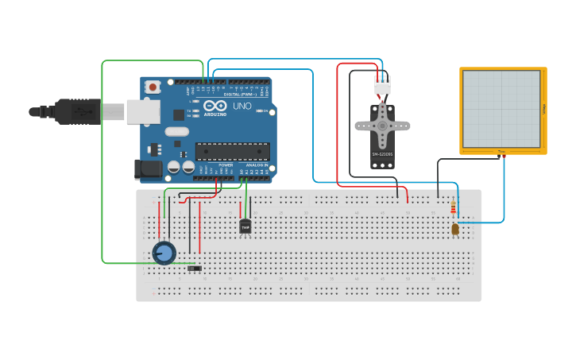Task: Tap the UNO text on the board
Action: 242,106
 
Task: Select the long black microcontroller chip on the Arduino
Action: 232,151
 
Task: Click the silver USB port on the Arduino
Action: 143,112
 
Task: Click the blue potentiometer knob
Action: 164,254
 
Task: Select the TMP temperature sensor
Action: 245,227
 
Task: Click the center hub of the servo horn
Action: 382,125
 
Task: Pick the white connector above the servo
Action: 382,85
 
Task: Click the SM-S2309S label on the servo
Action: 382,154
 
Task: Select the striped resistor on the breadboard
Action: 454,209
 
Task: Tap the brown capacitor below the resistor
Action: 454,230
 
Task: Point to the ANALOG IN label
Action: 255,165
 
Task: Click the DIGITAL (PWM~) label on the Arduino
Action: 238,94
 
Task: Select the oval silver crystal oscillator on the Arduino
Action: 177,131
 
